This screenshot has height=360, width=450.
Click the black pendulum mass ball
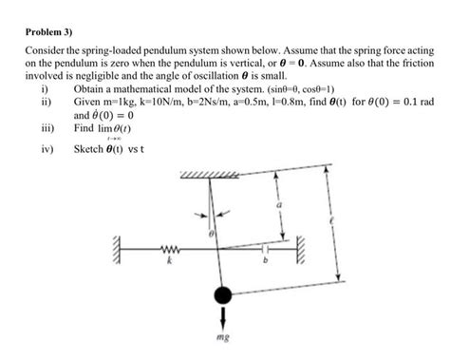click(x=223, y=295)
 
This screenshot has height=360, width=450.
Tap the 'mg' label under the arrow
click(x=224, y=337)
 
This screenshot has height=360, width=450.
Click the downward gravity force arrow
click(x=224, y=316)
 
